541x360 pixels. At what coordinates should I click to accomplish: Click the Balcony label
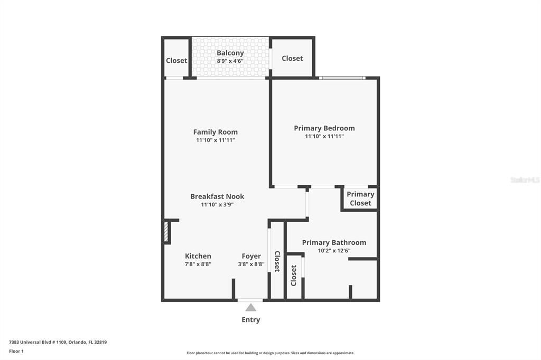coord(230,53)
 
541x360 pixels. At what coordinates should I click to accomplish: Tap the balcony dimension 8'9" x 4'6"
coord(230,61)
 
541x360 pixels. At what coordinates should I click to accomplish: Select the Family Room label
coord(215,132)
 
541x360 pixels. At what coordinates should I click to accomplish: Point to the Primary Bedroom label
coord(324,128)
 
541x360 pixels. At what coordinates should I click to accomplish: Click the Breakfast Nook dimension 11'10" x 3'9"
coord(217,204)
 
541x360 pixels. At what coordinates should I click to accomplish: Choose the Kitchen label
coord(198,256)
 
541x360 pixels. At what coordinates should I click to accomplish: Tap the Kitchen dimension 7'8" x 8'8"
coord(198,264)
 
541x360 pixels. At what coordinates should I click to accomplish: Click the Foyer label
coord(251,256)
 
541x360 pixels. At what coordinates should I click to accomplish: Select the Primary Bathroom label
coord(333,242)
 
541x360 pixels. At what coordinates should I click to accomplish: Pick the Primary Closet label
coord(360,198)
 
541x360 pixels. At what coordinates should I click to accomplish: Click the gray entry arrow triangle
coord(250,307)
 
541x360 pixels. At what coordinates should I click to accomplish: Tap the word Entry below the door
coord(250,319)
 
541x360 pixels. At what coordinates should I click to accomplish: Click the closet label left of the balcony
coord(176,60)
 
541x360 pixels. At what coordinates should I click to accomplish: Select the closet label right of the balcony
coord(292,58)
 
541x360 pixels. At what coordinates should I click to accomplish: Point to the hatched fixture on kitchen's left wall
coord(166,232)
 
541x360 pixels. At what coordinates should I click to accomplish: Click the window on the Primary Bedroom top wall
coord(342,78)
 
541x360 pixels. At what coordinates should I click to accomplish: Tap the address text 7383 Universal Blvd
coord(58,342)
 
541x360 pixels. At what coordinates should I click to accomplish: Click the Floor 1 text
coord(16,350)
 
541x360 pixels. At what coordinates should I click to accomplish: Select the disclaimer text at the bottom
coord(270,353)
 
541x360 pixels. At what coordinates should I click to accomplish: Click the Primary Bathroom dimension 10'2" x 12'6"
coord(333,251)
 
